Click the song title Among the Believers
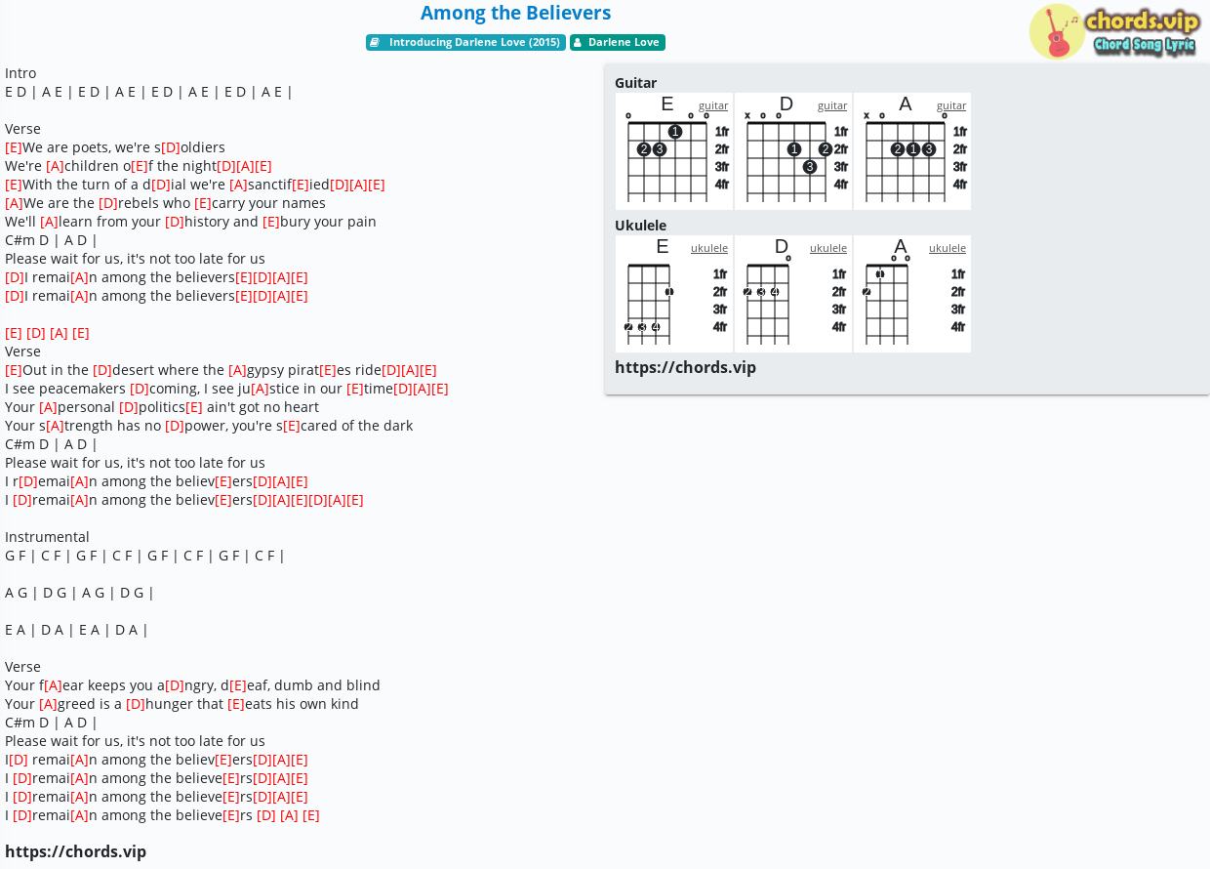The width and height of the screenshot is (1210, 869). [x=515, y=13]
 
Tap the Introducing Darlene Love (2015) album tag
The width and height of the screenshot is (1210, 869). [x=465, y=42]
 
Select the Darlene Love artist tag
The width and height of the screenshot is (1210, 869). [x=618, y=42]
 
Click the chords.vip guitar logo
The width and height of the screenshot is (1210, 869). [x=1113, y=31]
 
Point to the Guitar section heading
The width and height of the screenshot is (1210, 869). [x=635, y=83]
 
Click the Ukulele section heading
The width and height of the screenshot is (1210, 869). [x=640, y=226]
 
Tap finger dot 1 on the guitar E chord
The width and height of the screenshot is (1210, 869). [x=674, y=131]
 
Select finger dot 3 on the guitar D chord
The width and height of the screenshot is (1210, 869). [x=809, y=166]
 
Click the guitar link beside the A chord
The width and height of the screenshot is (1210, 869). [x=951, y=105]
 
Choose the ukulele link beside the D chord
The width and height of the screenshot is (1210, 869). [x=828, y=247]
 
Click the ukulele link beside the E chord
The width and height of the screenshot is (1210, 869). [x=709, y=247]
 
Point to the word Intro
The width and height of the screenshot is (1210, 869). [x=20, y=73]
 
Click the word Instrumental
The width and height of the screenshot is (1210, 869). [x=47, y=537]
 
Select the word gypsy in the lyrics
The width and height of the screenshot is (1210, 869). [x=265, y=370]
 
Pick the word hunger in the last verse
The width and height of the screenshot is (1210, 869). [x=167, y=704]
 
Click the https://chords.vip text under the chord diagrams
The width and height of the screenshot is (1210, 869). [x=685, y=367]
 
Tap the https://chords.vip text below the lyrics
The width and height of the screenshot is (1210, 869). [x=76, y=851]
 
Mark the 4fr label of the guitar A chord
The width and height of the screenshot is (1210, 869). [x=959, y=185]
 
